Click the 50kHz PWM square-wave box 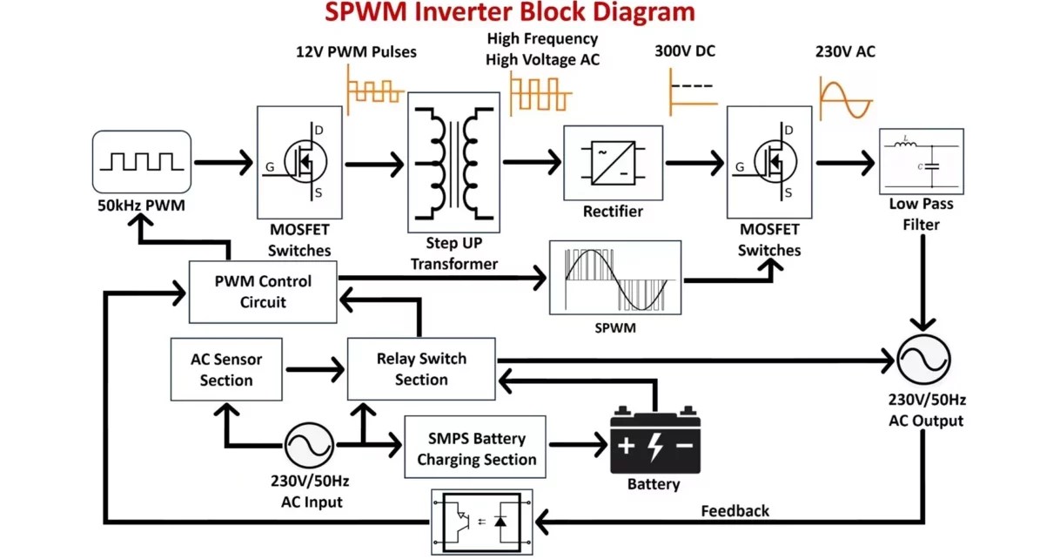(x=142, y=162)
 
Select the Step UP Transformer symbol (x=453, y=162)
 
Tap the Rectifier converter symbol (x=613, y=163)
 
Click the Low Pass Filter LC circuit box (x=922, y=161)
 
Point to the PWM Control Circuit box (x=263, y=292)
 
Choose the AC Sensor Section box (x=226, y=369)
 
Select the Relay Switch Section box (x=421, y=369)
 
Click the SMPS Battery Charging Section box (x=475, y=447)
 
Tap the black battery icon (x=655, y=440)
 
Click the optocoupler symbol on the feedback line (x=482, y=522)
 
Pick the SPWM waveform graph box (x=615, y=278)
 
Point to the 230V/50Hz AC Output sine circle (x=923, y=360)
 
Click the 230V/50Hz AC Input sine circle (x=309, y=445)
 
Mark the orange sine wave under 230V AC (x=846, y=98)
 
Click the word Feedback (x=734, y=510)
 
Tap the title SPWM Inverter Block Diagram (x=510, y=12)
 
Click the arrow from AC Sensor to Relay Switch (x=315, y=369)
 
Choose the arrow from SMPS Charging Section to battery (x=578, y=444)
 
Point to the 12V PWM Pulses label (x=356, y=51)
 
